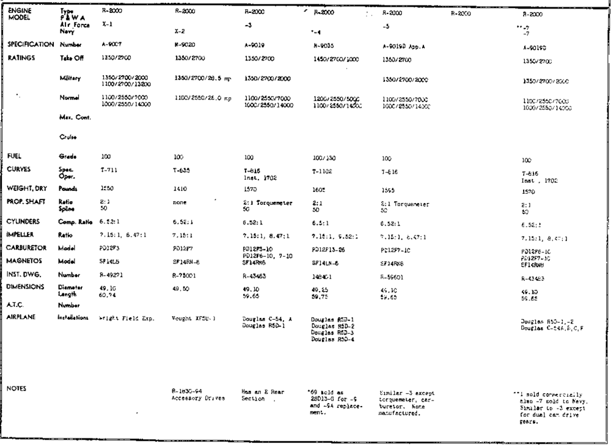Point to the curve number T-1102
tap(321, 172)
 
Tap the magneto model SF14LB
tap(111, 262)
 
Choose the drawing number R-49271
tap(112, 276)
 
